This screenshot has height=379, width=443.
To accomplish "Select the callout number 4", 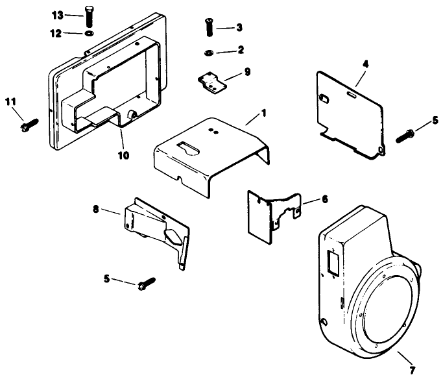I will coord(366,65).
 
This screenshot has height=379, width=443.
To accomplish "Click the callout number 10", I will coord(123,155).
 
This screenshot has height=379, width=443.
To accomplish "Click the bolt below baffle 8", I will coord(146,284).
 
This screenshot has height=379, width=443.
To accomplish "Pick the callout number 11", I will coord(10,101).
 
